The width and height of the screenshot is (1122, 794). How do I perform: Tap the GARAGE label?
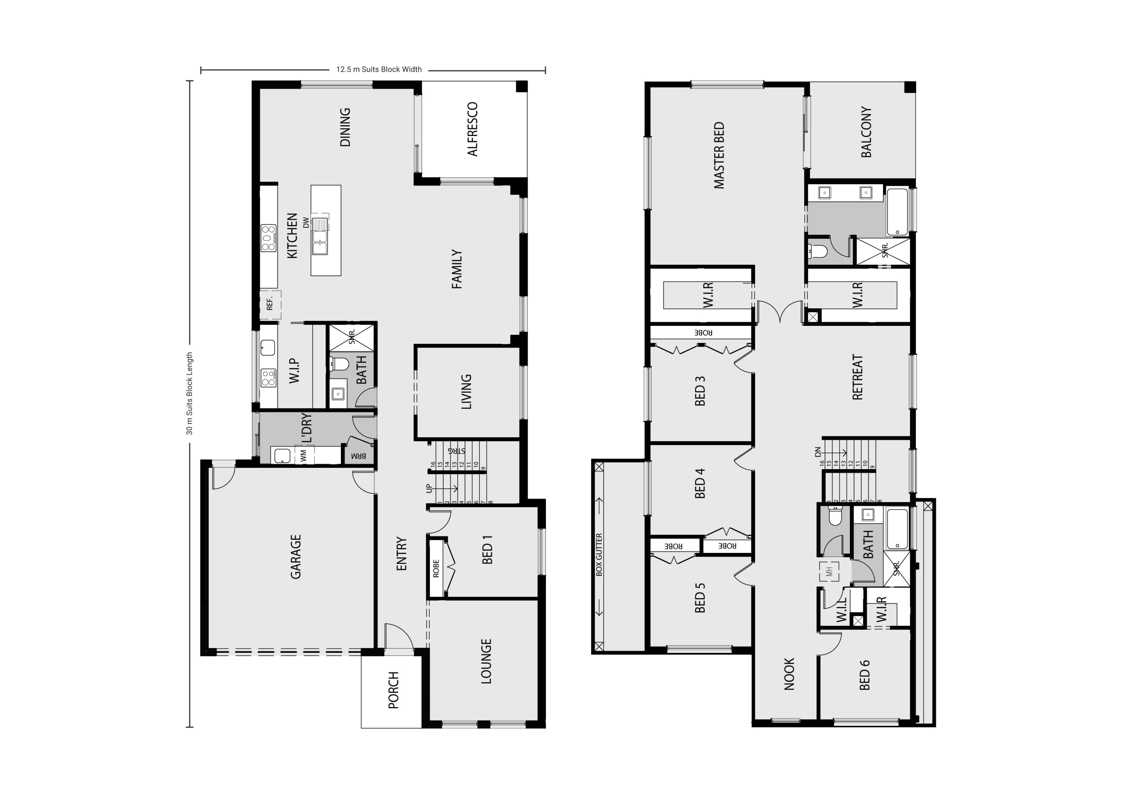[296, 557]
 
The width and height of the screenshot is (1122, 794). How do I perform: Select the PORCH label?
[393, 690]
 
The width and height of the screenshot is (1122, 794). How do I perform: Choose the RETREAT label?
[857, 377]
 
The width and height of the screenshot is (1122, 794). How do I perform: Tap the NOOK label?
[789, 674]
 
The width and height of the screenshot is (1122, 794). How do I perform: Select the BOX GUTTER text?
[600, 554]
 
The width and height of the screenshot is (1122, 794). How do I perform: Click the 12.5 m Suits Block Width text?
[379, 69]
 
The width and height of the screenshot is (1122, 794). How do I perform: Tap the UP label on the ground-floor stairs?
[429, 488]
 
